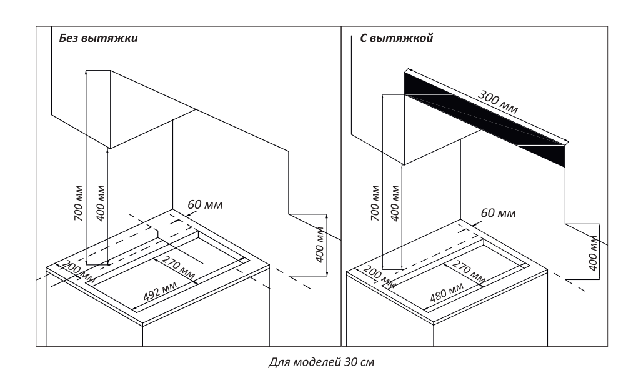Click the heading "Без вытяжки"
98,38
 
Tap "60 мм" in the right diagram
498,214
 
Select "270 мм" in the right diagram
469,270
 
